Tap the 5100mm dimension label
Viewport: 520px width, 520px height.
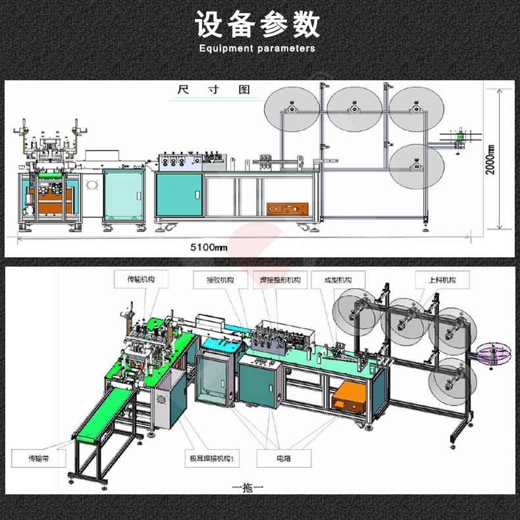click(209, 247)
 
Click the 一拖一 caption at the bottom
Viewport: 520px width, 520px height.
click(247, 488)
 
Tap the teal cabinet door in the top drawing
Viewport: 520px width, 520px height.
click(178, 194)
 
